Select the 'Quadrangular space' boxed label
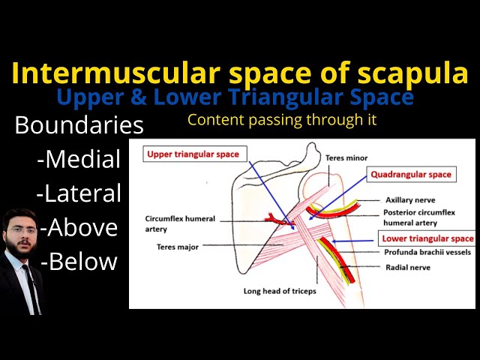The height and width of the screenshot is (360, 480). (x=410, y=174)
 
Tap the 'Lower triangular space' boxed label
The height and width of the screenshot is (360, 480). (x=426, y=239)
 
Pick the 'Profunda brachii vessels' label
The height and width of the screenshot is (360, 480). (x=427, y=253)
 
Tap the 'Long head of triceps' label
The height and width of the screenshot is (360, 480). (x=280, y=290)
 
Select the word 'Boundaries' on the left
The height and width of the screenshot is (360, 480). (x=79, y=124)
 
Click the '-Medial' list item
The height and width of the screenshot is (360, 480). (x=78, y=159)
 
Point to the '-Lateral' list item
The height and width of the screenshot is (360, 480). (x=78, y=193)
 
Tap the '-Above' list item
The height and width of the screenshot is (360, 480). (x=79, y=226)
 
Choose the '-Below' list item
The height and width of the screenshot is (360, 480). (x=79, y=261)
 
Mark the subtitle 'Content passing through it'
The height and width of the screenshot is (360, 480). (x=281, y=119)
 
